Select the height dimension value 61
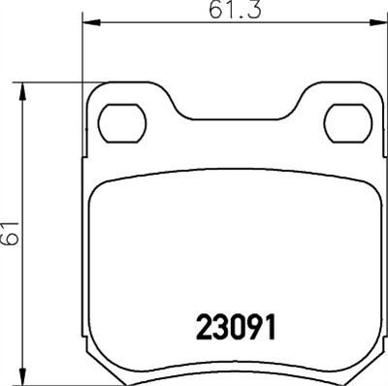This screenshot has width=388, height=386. pos(10,234)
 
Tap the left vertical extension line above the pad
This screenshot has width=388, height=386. pos(79,48)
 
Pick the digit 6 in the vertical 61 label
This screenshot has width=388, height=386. pos(10,241)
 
